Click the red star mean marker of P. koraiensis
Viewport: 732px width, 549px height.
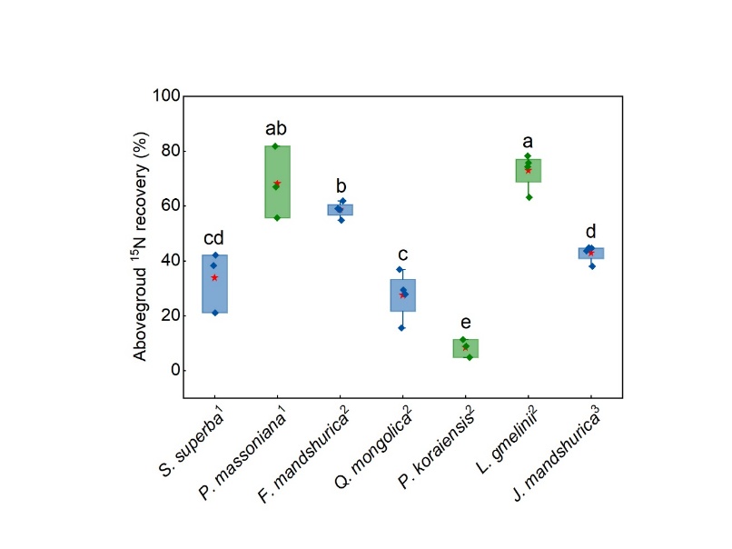point(465,347)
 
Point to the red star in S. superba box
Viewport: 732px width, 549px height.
point(214,277)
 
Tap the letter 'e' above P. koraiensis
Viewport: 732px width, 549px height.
point(465,323)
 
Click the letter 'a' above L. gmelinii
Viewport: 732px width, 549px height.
point(528,142)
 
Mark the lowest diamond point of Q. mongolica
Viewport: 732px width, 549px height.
point(401,328)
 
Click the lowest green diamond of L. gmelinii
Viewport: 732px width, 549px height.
point(528,197)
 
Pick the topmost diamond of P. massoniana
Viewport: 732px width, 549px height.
point(275,146)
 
